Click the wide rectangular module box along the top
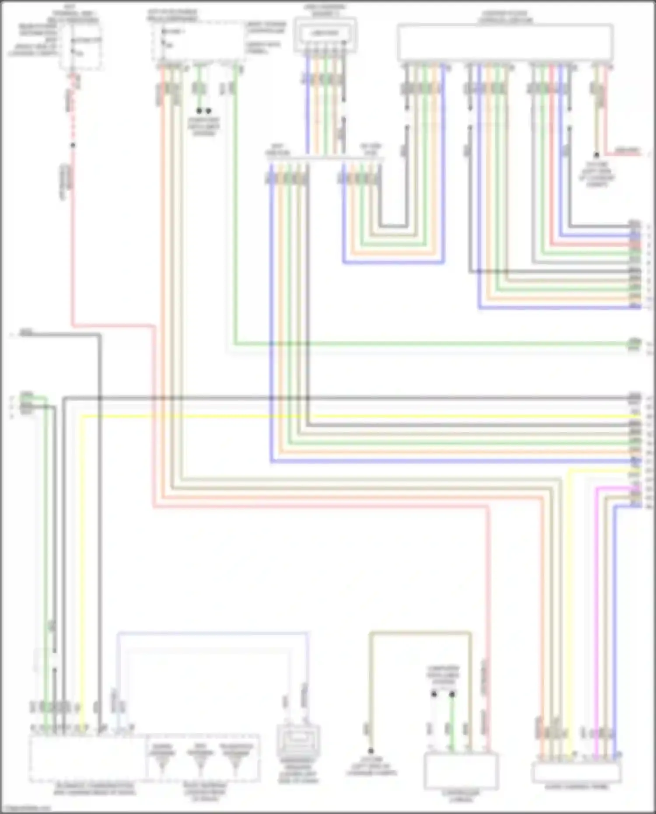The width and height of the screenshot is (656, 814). pos(505,42)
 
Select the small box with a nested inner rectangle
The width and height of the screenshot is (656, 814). pos(325,34)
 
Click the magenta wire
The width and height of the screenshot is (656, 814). pos(597,612)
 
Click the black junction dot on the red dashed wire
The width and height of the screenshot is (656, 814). pos(73,145)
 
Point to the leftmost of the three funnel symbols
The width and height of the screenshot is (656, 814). pos(162,762)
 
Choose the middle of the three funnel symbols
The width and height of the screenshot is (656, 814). pos(200,762)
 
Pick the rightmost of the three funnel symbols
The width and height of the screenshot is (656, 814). pos(236,762)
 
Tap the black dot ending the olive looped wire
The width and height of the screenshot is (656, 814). pos(371,751)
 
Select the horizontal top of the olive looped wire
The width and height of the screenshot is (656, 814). pos(420,632)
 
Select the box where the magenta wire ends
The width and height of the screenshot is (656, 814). pos(576,772)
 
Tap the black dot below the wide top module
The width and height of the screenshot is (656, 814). pos(596,155)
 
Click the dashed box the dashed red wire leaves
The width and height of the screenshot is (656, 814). pos(81,46)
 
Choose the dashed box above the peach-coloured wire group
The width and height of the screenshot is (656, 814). pos(198,42)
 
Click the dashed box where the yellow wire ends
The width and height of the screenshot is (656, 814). pos(87,759)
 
